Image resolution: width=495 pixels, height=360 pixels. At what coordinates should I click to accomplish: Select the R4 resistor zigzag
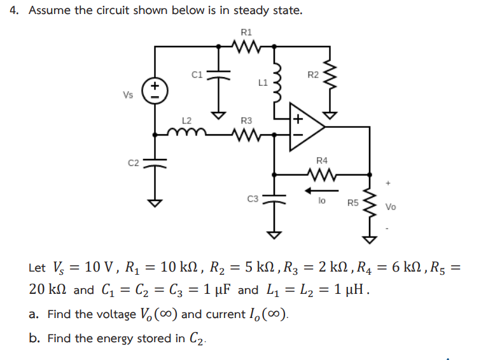(x=321, y=173)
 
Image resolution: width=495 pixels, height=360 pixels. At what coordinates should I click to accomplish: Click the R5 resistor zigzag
(x=368, y=205)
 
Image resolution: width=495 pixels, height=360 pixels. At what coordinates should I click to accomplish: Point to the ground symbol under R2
(x=330, y=114)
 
